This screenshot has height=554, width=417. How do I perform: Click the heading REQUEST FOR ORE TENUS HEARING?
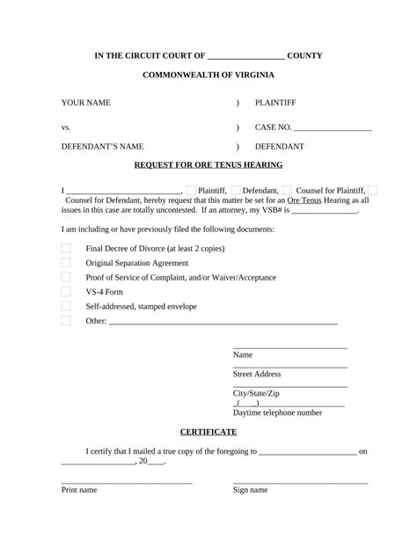(x=208, y=164)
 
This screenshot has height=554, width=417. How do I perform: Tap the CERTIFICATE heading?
(x=208, y=432)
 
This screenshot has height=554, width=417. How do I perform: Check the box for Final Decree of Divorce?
(x=66, y=248)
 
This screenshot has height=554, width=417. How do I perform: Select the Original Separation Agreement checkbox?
(x=66, y=263)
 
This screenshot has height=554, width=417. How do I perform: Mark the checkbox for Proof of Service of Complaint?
(x=66, y=277)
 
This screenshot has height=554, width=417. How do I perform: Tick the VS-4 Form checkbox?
(x=66, y=292)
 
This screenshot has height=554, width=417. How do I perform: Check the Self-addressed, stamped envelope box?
(x=66, y=306)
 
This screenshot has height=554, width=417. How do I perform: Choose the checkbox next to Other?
(x=66, y=321)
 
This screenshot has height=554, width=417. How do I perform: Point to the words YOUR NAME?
(x=85, y=103)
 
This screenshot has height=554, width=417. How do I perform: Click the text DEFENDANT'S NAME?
(x=102, y=146)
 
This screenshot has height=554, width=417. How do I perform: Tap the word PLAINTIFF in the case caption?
(x=279, y=103)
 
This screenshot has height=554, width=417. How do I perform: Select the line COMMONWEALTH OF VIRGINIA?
(x=208, y=76)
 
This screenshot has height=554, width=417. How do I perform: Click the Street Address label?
(x=257, y=374)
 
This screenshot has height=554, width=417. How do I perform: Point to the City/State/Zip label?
(x=256, y=393)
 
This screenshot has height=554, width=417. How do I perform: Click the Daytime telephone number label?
(x=277, y=412)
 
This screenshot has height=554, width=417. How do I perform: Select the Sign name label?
(x=250, y=490)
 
